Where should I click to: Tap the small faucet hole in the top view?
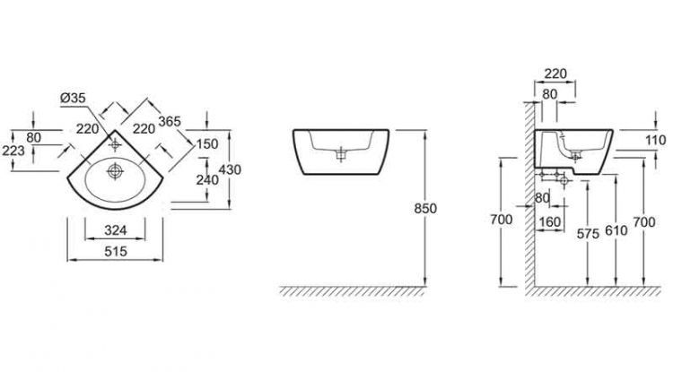118,143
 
